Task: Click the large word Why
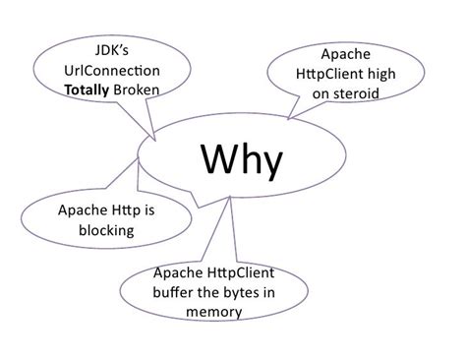[x=242, y=159]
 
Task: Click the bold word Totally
[x=89, y=90]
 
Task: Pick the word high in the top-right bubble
[x=395, y=75]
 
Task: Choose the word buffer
[x=177, y=292]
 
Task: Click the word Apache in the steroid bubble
[x=352, y=55]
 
